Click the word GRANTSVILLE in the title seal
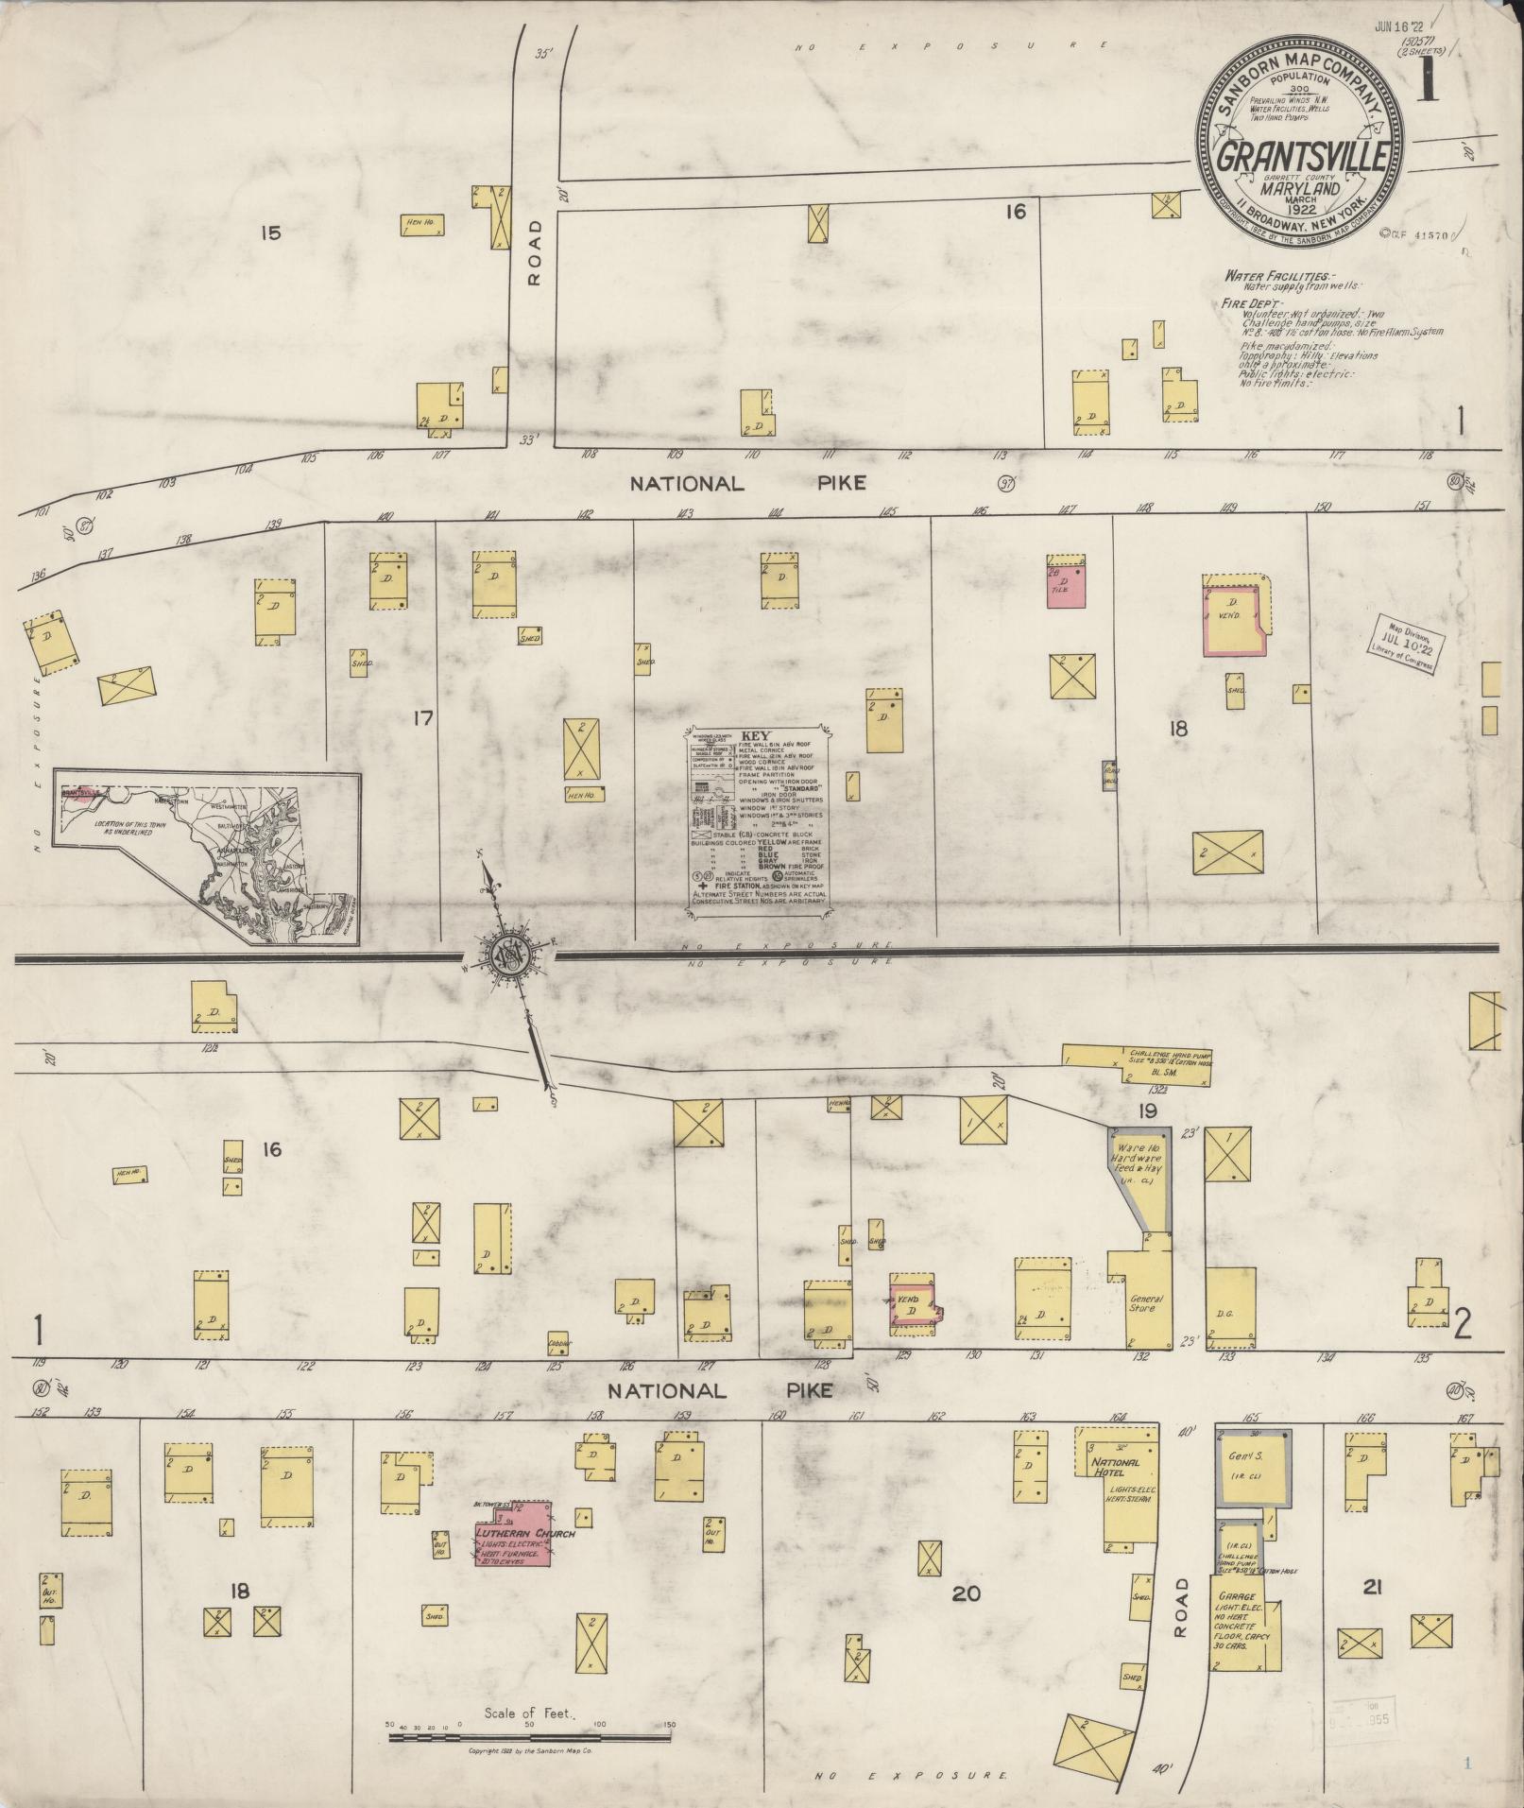1301,158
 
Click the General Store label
1144,1303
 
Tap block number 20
965,1593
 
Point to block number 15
271,232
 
